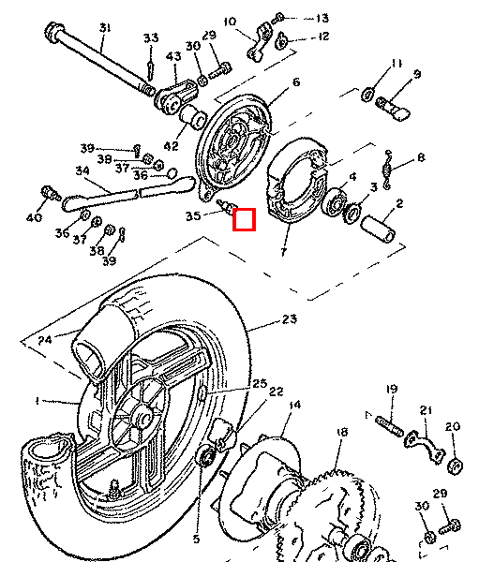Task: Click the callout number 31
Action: point(105,28)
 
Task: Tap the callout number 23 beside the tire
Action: point(290,318)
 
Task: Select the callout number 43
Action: point(173,56)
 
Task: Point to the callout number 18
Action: point(343,432)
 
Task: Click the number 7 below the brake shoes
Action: point(284,252)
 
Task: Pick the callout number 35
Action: point(193,215)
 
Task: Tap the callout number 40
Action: point(34,217)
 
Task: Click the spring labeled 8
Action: point(387,170)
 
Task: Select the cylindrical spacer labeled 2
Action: point(378,229)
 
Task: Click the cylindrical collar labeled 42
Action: point(193,116)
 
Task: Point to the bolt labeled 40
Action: point(51,193)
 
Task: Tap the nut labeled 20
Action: point(456,466)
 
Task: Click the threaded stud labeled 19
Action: point(389,426)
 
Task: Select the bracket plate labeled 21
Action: point(424,446)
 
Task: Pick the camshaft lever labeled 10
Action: point(260,42)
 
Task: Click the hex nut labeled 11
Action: point(367,95)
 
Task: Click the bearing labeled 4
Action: point(336,202)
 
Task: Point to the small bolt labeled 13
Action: point(278,18)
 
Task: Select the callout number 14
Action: point(294,405)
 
